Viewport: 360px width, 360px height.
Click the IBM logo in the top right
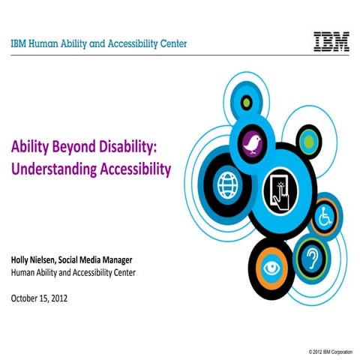click(x=330, y=41)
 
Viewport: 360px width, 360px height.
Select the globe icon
click(x=227, y=184)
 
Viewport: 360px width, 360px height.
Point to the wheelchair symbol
click(x=325, y=218)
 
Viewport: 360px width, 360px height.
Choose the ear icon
click(x=310, y=257)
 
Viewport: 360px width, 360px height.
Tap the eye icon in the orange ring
click(x=271, y=268)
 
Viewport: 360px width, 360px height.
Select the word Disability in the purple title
click(x=140, y=147)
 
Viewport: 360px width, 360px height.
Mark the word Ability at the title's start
click(x=29, y=147)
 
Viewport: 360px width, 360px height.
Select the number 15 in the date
click(x=51, y=298)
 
